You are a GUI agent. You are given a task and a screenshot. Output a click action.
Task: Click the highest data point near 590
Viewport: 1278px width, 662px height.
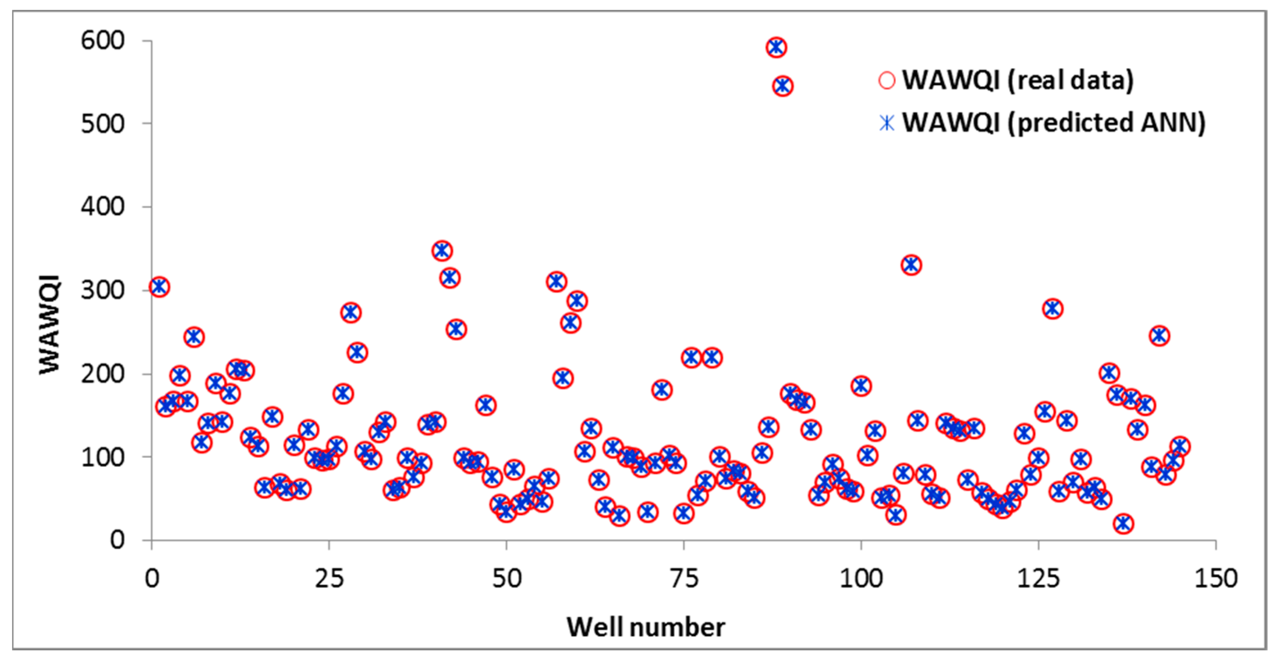pyautogui.click(x=776, y=47)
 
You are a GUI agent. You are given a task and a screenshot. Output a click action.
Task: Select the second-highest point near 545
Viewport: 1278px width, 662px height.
pyautogui.click(x=782, y=86)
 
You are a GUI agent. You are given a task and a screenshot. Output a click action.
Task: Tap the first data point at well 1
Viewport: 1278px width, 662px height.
pyautogui.click(x=159, y=286)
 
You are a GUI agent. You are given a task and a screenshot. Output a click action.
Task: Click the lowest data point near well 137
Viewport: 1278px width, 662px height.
pyautogui.click(x=1124, y=523)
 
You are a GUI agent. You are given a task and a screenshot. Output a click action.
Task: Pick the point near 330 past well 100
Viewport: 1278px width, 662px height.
pyautogui.click(x=911, y=265)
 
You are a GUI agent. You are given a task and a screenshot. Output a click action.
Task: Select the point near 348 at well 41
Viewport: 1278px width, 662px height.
pyautogui.click(x=442, y=250)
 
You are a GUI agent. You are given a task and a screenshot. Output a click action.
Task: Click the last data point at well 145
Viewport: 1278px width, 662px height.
pyautogui.click(x=1180, y=446)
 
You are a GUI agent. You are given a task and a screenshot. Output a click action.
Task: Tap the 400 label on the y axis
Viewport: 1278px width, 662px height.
pyautogui.click(x=103, y=207)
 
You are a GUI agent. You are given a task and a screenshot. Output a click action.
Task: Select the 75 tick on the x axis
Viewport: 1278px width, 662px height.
pyautogui.click(x=684, y=579)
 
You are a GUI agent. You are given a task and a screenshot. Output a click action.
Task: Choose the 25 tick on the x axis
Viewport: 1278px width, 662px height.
pyautogui.click(x=329, y=579)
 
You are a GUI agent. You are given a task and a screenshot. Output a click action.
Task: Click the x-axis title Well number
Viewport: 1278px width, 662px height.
pyautogui.click(x=645, y=627)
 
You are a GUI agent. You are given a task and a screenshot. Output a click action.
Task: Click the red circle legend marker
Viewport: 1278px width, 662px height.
pyautogui.click(x=886, y=80)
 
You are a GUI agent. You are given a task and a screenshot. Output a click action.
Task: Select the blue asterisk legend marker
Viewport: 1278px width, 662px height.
pyautogui.click(x=886, y=123)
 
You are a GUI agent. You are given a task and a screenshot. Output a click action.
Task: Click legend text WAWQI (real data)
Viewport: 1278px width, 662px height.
pyautogui.click(x=1017, y=80)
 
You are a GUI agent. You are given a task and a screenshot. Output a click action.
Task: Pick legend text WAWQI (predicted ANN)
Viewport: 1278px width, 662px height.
pyautogui.click(x=1053, y=123)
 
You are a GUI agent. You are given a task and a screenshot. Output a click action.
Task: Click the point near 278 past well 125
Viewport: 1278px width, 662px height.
pyautogui.click(x=1053, y=308)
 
